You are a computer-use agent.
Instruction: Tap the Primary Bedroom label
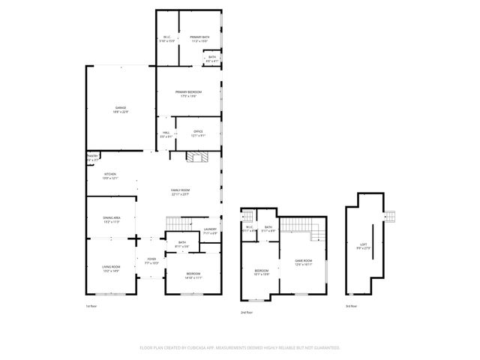[188, 93]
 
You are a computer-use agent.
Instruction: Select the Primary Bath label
[199, 39]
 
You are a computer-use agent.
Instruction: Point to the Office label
[198, 133]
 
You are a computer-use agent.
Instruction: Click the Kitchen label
[110, 175]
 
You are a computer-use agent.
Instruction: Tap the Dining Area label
[112, 220]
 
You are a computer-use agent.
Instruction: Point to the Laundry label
[210, 232]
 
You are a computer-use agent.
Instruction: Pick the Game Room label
[303, 262]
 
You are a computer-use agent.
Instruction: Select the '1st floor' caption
[91, 306]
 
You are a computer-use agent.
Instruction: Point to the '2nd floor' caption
[247, 311]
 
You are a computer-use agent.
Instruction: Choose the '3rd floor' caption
[351, 306]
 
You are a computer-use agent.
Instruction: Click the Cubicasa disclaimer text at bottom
[240, 347]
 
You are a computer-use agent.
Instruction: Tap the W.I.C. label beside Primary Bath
[167, 39]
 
